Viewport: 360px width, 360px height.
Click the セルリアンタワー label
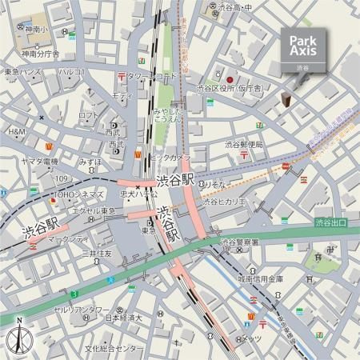[80, 308]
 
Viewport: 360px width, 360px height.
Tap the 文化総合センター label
[115, 349]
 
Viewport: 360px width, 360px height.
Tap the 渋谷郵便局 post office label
[244, 145]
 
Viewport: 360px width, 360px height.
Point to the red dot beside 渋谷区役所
[229, 80]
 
